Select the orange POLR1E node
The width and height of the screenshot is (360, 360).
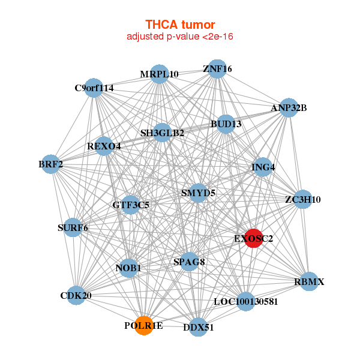tap(143, 325)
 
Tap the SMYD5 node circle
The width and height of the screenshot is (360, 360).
tap(198, 193)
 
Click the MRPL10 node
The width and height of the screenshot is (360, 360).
tap(159, 74)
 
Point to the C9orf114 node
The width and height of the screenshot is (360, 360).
tap(94, 88)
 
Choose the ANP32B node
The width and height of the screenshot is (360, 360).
tap(289, 108)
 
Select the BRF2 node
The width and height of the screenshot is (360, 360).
tap(50, 164)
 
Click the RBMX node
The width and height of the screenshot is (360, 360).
tap(309, 281)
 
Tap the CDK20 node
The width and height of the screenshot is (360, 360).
tap(75, 295)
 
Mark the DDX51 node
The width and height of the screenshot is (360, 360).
tap(199, 328)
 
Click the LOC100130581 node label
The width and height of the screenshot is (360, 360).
tap(246, 302)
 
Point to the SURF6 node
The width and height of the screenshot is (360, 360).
tap(73, 227)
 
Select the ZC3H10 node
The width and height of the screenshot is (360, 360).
tap(303, 199)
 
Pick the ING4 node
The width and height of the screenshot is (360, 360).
tap(263, 167)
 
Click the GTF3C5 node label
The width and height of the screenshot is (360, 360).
tap(131, 205)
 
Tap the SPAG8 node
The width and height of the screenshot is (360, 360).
tap(189, 262)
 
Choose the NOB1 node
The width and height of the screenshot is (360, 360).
tap(128, 268)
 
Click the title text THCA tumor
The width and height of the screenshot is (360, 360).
tap(180, 25)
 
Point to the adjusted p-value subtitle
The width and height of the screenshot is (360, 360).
tap(180, 37)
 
